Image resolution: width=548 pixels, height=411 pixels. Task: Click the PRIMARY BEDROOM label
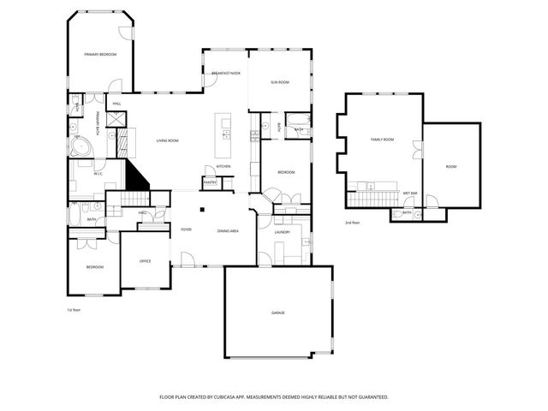click(x=100, y=55)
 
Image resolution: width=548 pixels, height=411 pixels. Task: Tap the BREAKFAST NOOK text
click(x=226, y=74)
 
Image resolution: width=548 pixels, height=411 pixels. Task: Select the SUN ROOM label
click(x=279, y=82)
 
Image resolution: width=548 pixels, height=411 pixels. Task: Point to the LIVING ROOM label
click(x=167, y=140)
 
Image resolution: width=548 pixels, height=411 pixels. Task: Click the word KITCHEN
click(x=223, y=166)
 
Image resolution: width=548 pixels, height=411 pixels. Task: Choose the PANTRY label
click(x=210, y=182)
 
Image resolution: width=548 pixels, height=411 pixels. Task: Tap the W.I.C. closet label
click(x=98, y=172)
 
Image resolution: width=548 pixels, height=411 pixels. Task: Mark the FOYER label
click(x=186, y=230)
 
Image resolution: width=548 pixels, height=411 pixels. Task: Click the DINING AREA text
click(x=228, y=231)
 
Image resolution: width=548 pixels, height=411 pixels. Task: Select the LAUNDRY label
click(x=283, y=232)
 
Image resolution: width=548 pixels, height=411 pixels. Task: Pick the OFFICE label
click(x=146, y=261)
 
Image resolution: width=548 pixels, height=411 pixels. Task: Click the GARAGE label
click(x=278, y=313)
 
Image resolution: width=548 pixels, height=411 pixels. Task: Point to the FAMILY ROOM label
click(x=382, y=139)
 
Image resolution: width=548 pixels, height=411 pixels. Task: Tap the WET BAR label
click(x=409, y=193)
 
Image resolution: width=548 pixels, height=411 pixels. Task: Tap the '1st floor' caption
click(x=74, y=309)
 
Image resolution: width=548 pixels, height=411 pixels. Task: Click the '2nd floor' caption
click(x=352, y=223)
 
